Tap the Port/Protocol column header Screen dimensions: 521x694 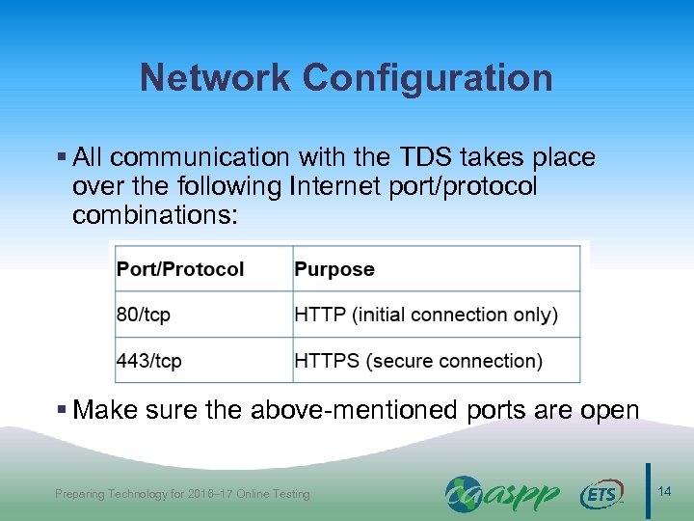point(180,268)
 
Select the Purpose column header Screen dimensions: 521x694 point(334,268)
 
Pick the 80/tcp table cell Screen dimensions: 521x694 point(144,315)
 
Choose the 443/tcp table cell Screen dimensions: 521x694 point(149,361)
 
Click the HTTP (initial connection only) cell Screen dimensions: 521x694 point(425,315)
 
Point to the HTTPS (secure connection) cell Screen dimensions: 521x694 point(418,361)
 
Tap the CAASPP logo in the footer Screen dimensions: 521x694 point(501,493)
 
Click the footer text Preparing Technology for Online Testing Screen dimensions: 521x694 point(182,494)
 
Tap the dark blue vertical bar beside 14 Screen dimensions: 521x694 point(648,491)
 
